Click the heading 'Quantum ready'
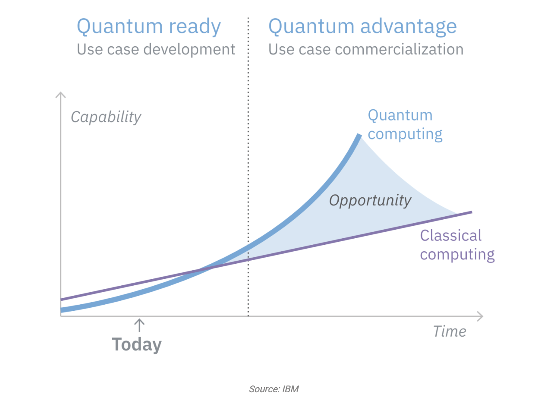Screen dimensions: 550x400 point(149,27)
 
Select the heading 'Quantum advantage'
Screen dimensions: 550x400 point(363,27)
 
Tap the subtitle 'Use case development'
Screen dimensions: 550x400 point(156,50)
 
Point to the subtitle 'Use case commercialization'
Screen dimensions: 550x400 point(366,49)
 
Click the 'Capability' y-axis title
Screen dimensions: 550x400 point(106,117)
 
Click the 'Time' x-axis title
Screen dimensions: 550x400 point(450,331)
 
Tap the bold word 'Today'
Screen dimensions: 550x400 point(137,345)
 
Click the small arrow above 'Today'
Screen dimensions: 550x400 point(140,325)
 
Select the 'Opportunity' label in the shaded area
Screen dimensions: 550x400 point(370,201)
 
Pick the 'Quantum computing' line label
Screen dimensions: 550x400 point(405,125)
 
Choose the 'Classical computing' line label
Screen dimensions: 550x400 point(457,245)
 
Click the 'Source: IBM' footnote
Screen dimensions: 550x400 point(274,389)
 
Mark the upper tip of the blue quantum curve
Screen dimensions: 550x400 point(359,135)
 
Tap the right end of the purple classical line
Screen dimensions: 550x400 point(472,212)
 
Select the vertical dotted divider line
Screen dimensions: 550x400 point(248,167)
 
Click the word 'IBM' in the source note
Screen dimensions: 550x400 point(290,389)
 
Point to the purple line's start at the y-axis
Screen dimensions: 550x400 point(61,300)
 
